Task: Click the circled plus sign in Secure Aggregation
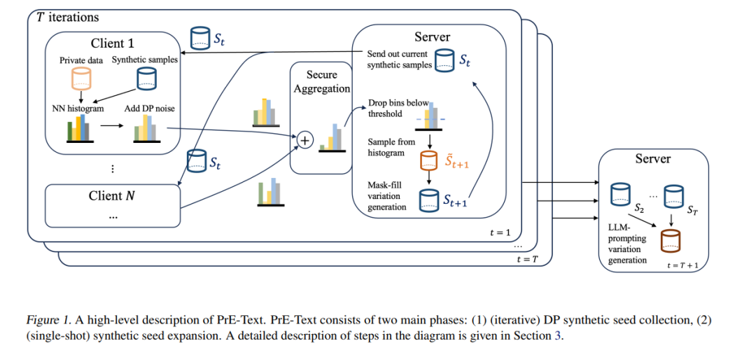pos(304,140)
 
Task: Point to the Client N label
pos(112,196)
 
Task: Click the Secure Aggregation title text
pos(321,81)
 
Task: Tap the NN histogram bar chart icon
pos(80,130)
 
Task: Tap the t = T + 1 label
pos(682,265)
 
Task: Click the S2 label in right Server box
pos(640,209)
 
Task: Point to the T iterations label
pos(68,18)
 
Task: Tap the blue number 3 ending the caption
pos(559,336)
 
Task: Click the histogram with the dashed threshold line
pos(429,117)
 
